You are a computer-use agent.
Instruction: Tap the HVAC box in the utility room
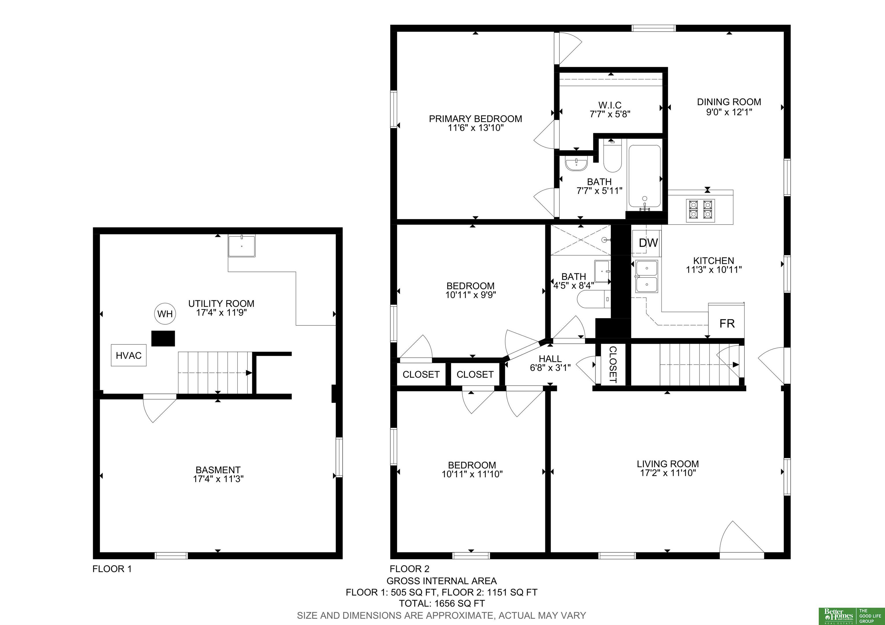click(129, 355)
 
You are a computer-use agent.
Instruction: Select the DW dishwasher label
click(648, 243)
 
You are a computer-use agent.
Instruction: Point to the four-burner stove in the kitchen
click(700, 210)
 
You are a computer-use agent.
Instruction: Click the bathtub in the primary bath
click(644, 177)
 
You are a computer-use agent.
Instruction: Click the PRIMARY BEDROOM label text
click(476, 119)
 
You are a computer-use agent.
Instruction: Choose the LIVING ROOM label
click(668, 464)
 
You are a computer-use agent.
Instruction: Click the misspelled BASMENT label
click(218, 470)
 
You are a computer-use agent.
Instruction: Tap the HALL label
click(550, 359)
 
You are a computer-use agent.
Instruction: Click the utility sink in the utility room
click(242, 246)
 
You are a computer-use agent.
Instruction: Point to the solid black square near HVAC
click(163, 338)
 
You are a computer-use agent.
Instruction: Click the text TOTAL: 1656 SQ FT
click(442, 603)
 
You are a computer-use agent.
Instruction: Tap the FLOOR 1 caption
click(112, 569)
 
